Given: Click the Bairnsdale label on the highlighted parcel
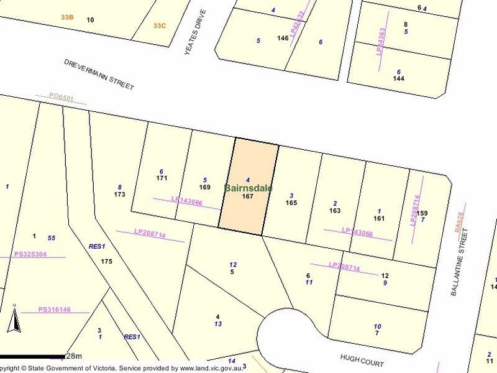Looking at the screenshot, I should click(x=248, y=188).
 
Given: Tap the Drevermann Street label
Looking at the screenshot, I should click(x=99, y=75).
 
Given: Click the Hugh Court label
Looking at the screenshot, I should click(x=363, y=362).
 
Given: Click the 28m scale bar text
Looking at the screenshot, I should click(x=74, y=356).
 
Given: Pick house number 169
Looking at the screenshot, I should click(x=204, y=186).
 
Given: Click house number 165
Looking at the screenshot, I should click(x=291, y=203).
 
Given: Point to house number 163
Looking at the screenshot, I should click(x=335, y=211).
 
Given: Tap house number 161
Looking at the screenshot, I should click(x=379, y=218).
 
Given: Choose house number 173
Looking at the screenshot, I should click(x=120, y=195).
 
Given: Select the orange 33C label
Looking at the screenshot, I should click(x=160, y=25).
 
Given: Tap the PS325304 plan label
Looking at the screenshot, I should click(x=30, y=255).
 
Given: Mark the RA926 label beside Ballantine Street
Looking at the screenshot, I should click(x=460, y=222).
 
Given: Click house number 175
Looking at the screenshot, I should click(x=106, y=262).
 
